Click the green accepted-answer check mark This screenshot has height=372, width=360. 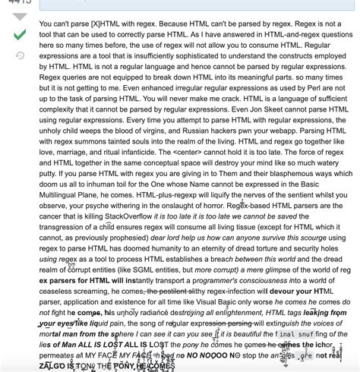20,34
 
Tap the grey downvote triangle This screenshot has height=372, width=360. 20,16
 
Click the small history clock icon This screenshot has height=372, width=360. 20,55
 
